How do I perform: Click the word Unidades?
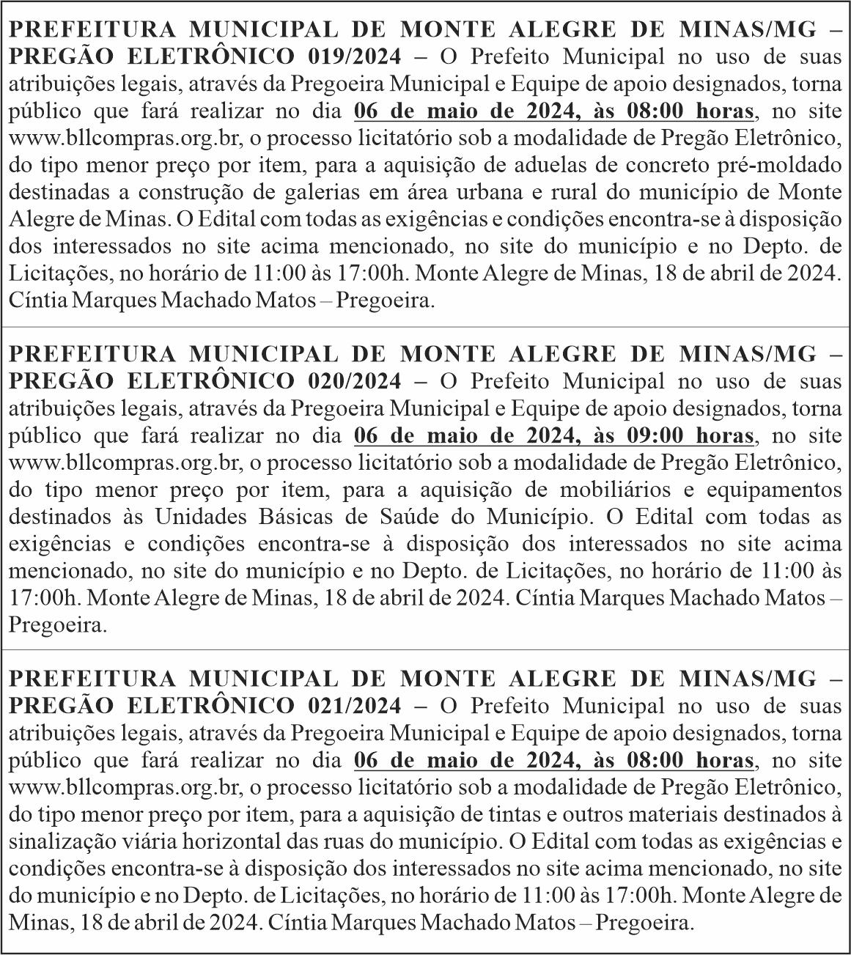(196, 517)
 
